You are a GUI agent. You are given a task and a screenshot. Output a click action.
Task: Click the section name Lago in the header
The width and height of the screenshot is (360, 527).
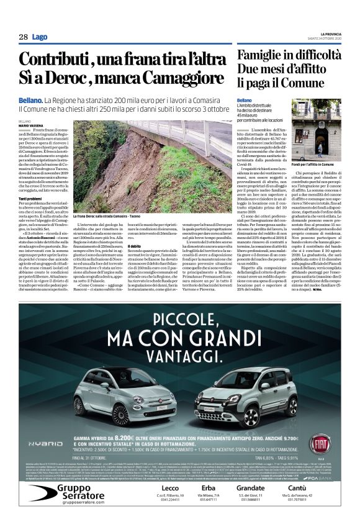tap(40, 37)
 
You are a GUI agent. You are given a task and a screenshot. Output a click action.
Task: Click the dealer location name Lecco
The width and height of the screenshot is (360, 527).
tap(163, 489)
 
